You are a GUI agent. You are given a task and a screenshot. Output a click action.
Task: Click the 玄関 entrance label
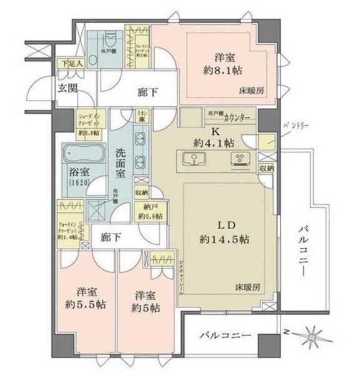(x=67, y=88)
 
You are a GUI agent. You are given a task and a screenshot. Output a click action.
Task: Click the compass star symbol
(x=312, y=335)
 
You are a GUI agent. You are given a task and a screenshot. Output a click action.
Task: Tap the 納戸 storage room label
(x=150, y=206)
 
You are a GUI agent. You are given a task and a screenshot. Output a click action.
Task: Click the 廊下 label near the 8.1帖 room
(x=147, y=92)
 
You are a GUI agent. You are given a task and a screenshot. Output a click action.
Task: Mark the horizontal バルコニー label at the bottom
(x=225, y=336)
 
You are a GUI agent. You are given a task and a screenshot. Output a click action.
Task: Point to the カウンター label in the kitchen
(x=237, y=117)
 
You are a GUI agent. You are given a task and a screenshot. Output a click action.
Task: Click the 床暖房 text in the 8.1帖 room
(x=251, y=91)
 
